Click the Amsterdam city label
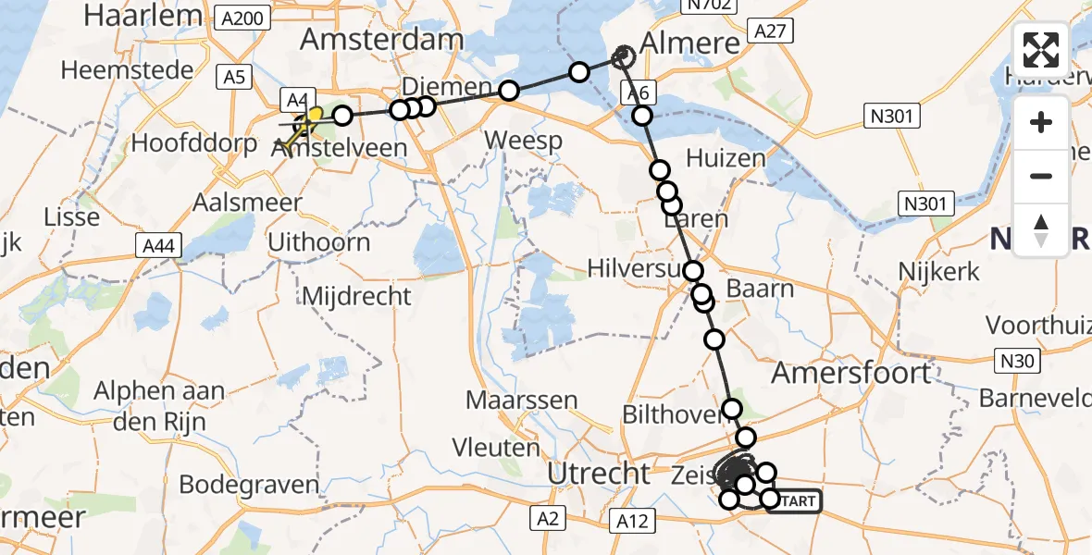pyautogui.click(x=381, y=41)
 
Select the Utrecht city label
pyautogui.click(x=598, y=473)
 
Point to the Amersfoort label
pyautogui.click(x=851, y=372)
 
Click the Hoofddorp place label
pyautogui.click(x=193, y=143)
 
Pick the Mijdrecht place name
pyautogui.click(x=356, y=296)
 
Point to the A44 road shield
pyautogui.click(x=158, y=245)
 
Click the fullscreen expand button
pyautogui.click(x=1041, y=50)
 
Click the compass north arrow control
pyautogui.click(x=1041, y=229)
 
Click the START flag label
pyautogui.click(x=793, y=501)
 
